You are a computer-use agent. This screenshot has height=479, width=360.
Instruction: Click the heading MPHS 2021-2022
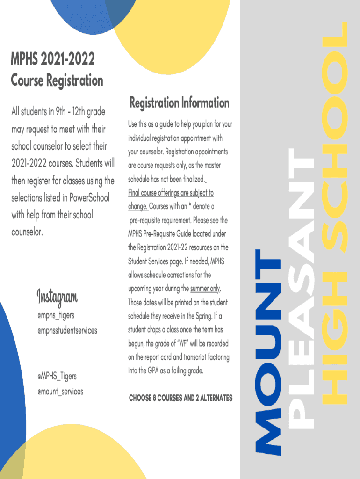click(x=53, y=59)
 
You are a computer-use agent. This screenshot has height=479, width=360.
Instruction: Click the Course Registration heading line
click(x=57, y=80)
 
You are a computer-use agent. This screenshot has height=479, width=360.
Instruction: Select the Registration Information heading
click(x=179, y=102)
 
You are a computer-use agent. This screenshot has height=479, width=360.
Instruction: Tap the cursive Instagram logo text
click(x=57, y=297)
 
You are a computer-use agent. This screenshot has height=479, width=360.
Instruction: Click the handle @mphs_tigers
click(x=56, y=315)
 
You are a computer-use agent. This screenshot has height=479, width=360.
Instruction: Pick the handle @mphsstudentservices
click(x=67, y=330)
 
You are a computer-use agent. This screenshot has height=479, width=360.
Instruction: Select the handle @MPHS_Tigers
click(x=57, y=376)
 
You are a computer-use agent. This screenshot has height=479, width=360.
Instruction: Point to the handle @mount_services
click(x=60, y=391)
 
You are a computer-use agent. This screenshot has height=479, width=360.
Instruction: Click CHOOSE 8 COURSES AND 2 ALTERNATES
click(x=180, y=398)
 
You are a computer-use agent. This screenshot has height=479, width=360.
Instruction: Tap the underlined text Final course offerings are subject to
click(x=171, y=193)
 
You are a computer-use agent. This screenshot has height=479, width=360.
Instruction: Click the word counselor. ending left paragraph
click(x=27, y=232)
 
